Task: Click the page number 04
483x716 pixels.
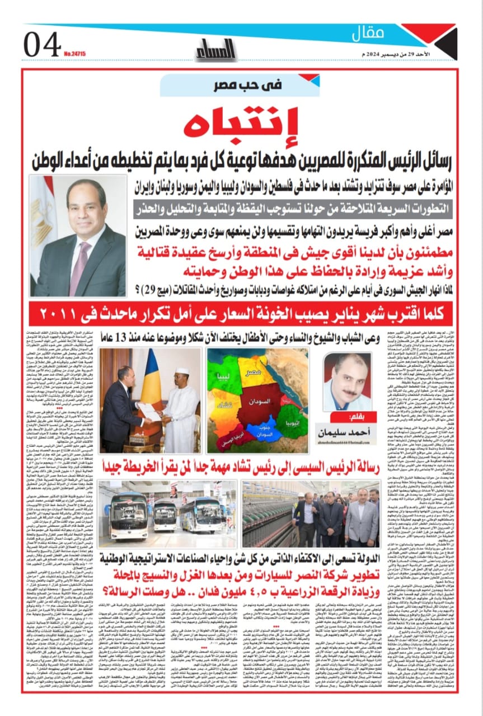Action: point(42,44)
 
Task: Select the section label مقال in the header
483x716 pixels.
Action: point(368,34)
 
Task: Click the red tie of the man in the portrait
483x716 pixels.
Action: point(79,261)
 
